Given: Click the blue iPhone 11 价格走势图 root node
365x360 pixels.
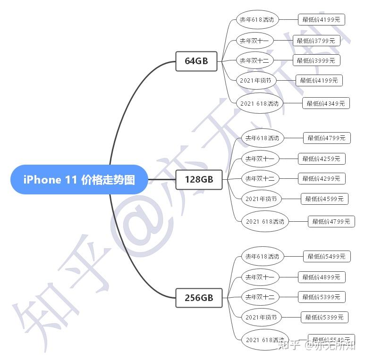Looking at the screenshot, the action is tap(79, 179).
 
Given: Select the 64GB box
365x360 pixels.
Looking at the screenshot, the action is tap(196, 61).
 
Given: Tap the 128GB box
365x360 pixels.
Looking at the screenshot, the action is tap(199, 179).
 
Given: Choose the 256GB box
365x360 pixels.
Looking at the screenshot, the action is tap(199, 298).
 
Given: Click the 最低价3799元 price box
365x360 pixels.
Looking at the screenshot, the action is tap(316, 41).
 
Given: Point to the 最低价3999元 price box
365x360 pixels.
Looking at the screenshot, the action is tap(316, 60).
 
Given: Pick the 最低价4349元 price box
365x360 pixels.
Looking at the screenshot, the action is tap(326, 103).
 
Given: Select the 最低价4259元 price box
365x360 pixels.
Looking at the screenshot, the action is tap(322, 159).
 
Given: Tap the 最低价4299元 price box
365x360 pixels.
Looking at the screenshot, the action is tap(322, 178).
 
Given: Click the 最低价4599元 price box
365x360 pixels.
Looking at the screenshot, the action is tap(324, 199).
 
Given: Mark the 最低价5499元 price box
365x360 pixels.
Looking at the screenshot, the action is tap(327, 257).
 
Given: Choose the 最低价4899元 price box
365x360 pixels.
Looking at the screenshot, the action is tap(322, 277).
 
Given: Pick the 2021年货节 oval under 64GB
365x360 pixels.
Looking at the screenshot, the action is tap(255, 80).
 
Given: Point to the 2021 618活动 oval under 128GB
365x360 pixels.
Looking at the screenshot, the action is tap(265, 221).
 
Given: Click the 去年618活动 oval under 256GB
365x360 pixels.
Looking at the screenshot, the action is tap(262, 257).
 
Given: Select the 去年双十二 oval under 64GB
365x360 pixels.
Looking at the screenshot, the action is tap(255, 60).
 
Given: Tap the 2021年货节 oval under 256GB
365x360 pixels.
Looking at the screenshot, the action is tap(261, 317).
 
